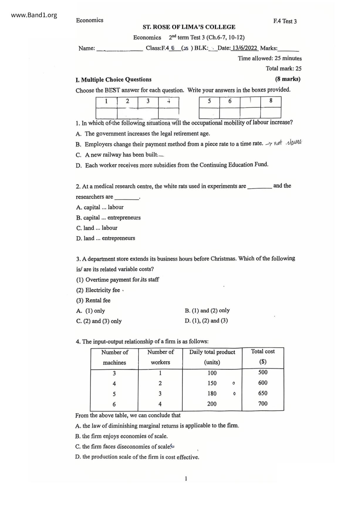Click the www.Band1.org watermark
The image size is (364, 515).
(x=34, y=15)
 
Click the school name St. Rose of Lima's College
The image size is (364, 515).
(x=189, y=27)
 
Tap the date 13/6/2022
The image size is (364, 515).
(x=245, y=48)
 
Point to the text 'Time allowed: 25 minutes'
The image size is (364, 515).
(x=269, y=58)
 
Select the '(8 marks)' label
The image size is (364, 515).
(x=287, y=79)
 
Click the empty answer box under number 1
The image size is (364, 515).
(x=106, y=113)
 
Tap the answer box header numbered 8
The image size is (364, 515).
(x=271, y=101)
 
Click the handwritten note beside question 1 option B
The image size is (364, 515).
(x=284, y=143)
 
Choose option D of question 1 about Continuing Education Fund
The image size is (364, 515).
(x=176, y=165)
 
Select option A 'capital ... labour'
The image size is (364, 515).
(x=100, y=207)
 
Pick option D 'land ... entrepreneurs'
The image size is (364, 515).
(x=106, y=238)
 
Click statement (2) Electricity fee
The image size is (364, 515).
(x=98, y=290)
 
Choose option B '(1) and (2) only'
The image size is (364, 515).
(x=207, y=310)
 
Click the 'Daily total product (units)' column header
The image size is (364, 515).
(x=212, y=357)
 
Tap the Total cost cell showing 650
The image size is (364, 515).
(x=263, y=393)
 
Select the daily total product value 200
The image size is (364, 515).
(x=212, y=404)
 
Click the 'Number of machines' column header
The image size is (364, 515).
(x=114, y=357)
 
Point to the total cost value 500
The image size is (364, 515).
(x=263, y=372)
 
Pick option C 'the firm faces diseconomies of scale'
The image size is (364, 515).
(x=123, y=447)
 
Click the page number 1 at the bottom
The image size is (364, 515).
(x=186, y=479)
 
